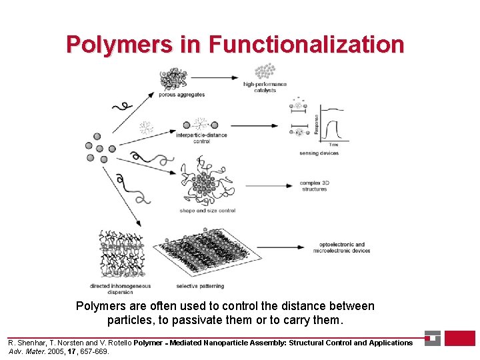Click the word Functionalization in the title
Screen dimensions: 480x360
[306, 44]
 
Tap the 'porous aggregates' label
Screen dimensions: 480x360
[181, 95]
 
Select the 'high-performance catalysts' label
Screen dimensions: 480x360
[265, 87]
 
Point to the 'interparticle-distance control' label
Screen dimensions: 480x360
[201, 138]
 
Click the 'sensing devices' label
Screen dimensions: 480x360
[319, 153]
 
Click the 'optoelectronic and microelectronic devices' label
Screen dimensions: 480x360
[341, 247]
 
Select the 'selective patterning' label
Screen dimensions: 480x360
[199, 287]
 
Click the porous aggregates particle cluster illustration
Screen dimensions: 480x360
[174, 79]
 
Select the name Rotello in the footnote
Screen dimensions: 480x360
[115, 343]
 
